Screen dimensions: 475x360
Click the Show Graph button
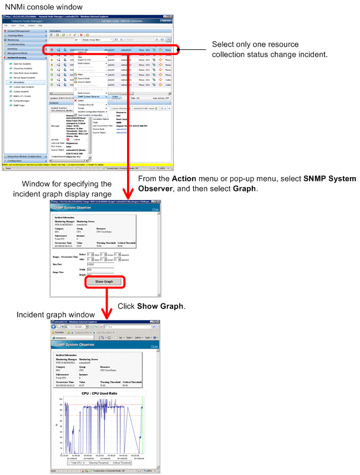tap(104, 281)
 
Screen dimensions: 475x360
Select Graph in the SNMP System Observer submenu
tap(115, 97)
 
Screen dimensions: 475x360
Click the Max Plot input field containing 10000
tap(100, 265)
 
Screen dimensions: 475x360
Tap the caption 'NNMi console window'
tap(43, 7)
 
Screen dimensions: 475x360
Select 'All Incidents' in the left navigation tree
tap(21, 82)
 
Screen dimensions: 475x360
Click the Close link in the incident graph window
tap(154, 346)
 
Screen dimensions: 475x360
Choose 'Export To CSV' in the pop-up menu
tap(84, 59)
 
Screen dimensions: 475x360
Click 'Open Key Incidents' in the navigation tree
tap(23, 64)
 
